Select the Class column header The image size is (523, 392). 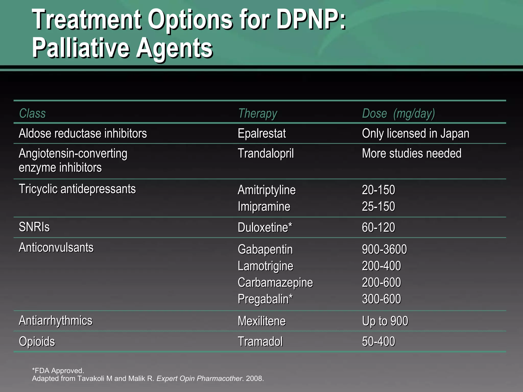32,113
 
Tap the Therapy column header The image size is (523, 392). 257,114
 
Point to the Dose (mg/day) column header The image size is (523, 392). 398,114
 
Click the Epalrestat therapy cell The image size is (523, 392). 262,133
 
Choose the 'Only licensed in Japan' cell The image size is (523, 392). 415,133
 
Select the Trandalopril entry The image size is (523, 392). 266,153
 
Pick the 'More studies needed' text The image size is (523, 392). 412,153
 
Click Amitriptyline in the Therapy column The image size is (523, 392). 267,190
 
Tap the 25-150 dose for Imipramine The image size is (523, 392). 378,206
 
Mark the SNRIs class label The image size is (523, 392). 34,227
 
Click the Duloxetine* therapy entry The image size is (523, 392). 265,227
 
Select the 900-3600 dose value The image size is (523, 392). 384,249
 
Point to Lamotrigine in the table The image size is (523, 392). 265,266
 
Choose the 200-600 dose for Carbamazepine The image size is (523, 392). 381,283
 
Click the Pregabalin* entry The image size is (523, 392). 265,299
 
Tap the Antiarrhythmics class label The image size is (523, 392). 56,321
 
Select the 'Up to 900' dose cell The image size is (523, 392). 385,321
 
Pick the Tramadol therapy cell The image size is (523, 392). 260,341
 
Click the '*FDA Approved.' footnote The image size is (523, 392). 58,371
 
